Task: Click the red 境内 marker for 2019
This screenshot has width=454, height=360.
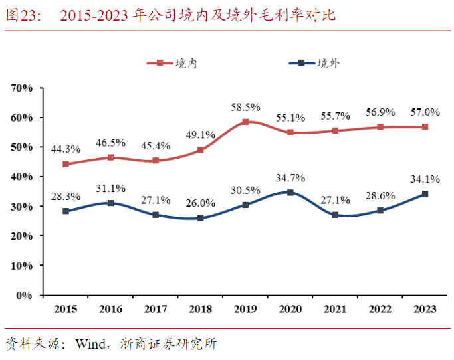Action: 245,122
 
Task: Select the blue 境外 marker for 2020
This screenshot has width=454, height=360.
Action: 290,193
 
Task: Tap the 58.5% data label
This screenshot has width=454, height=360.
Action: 245,107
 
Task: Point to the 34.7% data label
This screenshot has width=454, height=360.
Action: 290,177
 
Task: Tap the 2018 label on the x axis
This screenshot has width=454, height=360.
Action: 201,309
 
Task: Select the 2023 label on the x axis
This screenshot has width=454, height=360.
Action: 425,309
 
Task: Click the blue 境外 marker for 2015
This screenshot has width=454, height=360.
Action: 66,211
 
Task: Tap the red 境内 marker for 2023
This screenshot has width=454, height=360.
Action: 425,126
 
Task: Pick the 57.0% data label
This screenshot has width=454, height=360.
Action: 425,111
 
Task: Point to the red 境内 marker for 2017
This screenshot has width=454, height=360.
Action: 156,161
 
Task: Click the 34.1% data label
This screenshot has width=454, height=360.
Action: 425,179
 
